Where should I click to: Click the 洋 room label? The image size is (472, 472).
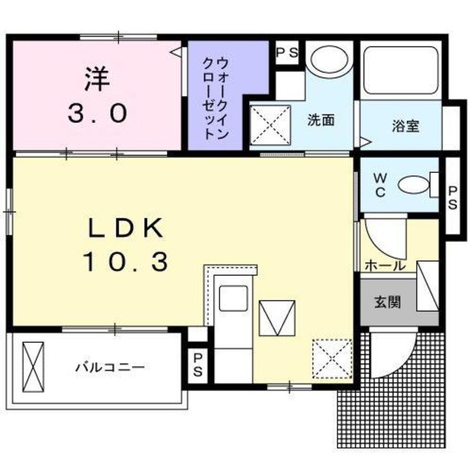pos(97,79)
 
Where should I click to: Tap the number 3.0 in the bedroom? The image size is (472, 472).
pos(97,114)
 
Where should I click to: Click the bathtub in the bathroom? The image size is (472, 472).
pos(401,70)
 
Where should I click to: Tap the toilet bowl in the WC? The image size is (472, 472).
pos(415,185)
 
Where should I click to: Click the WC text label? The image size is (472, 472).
pos(379,185)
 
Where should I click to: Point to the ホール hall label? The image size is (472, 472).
pos(385,266)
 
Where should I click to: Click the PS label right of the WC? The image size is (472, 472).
pos(452,197)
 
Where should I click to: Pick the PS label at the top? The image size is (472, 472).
pos(288,54)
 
